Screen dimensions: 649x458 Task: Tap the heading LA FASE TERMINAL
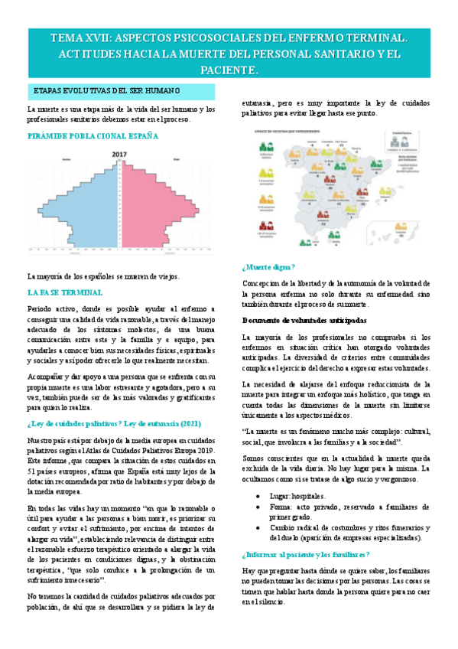point(66,292)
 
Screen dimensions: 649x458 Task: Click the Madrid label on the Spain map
point(330,184)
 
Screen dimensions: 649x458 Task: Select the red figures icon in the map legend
point(266,227)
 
